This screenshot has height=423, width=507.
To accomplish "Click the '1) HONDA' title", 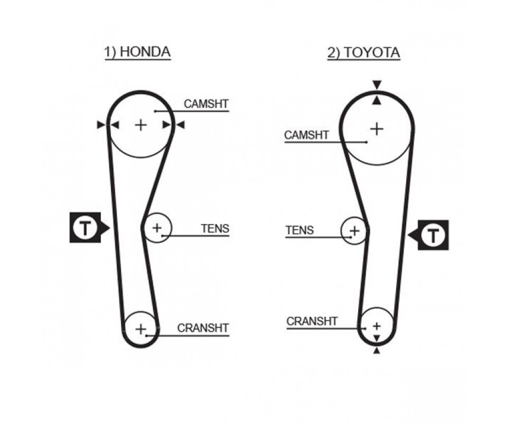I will [137, 52].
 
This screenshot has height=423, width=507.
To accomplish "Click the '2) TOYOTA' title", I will [363, 53].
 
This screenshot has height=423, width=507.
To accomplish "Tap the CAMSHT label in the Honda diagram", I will [205, 104].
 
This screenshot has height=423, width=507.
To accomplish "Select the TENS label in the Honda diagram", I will [215, 229].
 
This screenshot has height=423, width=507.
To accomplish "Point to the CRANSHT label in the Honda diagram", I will [203, 328].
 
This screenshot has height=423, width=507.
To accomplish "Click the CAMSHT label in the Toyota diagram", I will [306, 135].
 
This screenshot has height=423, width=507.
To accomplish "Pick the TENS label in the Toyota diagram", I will [299, 231].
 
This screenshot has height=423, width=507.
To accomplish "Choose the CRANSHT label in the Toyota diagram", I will [312, 321].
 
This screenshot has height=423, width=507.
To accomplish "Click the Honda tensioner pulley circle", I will [157, 228].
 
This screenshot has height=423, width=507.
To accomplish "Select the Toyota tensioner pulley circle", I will [354, 231].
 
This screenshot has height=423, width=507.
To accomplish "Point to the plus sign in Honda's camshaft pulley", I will [140, 125].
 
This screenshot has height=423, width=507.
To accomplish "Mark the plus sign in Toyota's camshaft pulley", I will [377, 128].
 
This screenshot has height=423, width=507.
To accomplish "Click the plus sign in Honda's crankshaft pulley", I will [140, 329].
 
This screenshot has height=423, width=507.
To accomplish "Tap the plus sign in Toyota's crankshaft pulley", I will [377, 325].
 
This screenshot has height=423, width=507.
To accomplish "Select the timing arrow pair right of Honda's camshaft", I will [173, 125].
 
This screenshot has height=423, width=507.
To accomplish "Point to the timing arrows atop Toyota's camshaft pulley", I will [377, 93].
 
